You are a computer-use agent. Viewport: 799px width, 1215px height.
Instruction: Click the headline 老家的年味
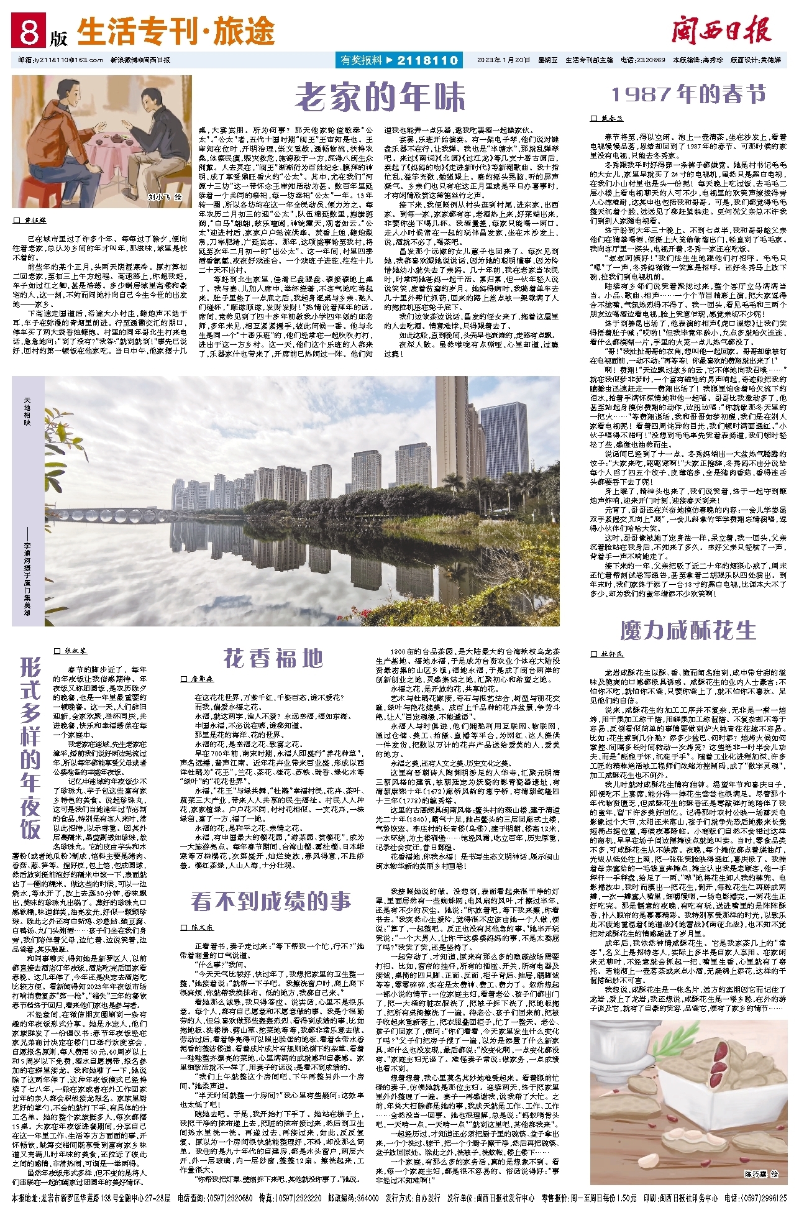(380, 96)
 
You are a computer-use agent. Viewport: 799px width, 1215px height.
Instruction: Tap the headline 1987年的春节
(688, 94)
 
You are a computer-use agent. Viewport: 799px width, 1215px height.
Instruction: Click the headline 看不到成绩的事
(271, 901)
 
